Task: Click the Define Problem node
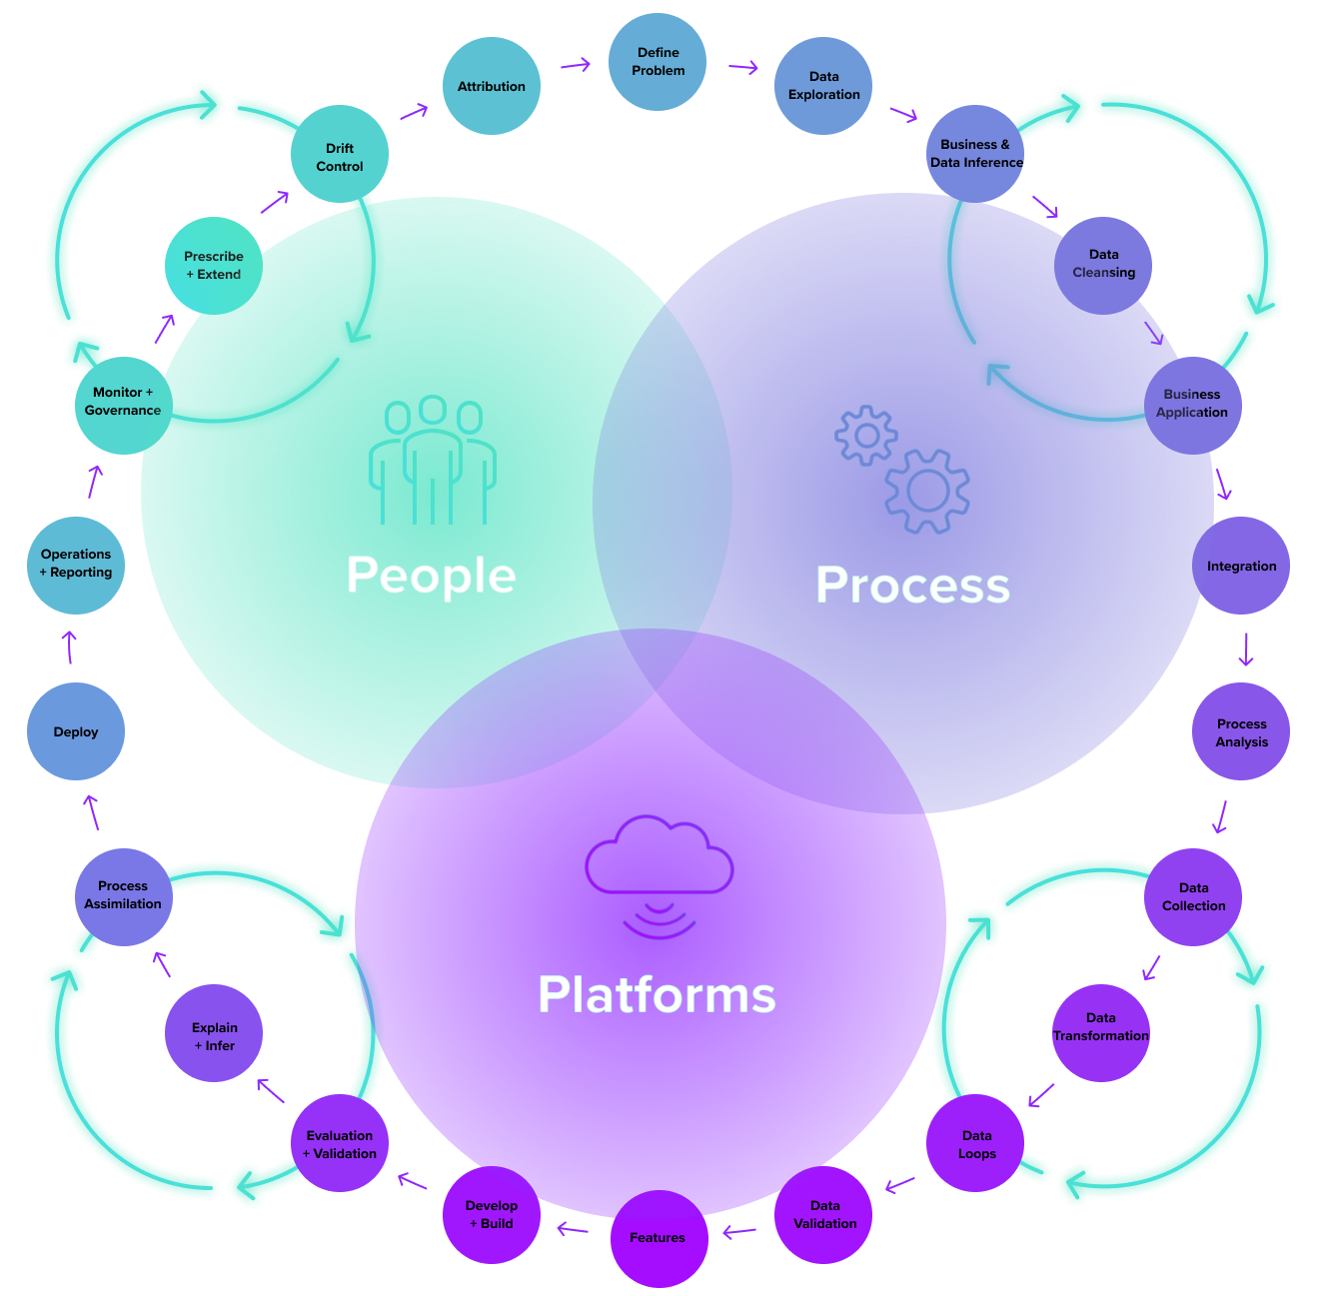tap(658, 62)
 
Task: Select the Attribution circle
tap(491, 87)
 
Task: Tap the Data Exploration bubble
tap(823, 86)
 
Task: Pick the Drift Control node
tap(340, 158)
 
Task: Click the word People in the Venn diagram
tap(431, 576)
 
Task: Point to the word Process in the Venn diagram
tap(912, 585)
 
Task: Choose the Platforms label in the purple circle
tap(657, 995)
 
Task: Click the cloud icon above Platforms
tap(660, 854)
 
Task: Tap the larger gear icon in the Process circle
tap(927, 490)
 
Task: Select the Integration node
tap(1241, 567)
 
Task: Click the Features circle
tap(658, 1238)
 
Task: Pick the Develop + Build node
tap(492, 1215)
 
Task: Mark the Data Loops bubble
tap(976, 1145)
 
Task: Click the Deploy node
tap(76, 732)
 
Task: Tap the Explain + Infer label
tap(215, 1037)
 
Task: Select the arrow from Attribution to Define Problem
tap(575, 66)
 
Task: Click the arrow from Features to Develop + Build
tap(573, 1228)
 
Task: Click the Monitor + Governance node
tap(122, 402)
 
